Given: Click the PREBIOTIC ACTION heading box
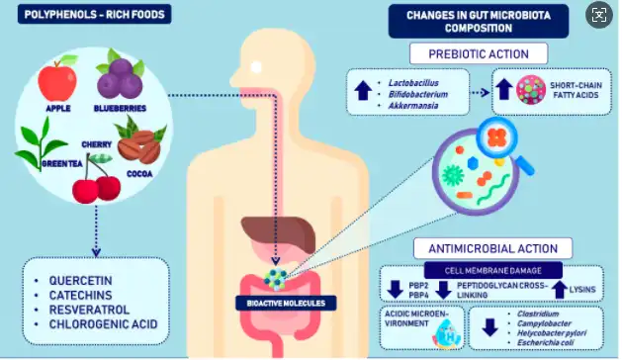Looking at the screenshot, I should [478, 53].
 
